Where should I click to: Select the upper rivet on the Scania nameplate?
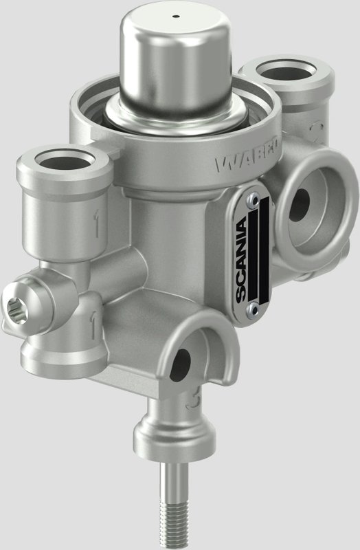pos(254,199)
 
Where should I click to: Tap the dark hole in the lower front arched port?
pos(183,360)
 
